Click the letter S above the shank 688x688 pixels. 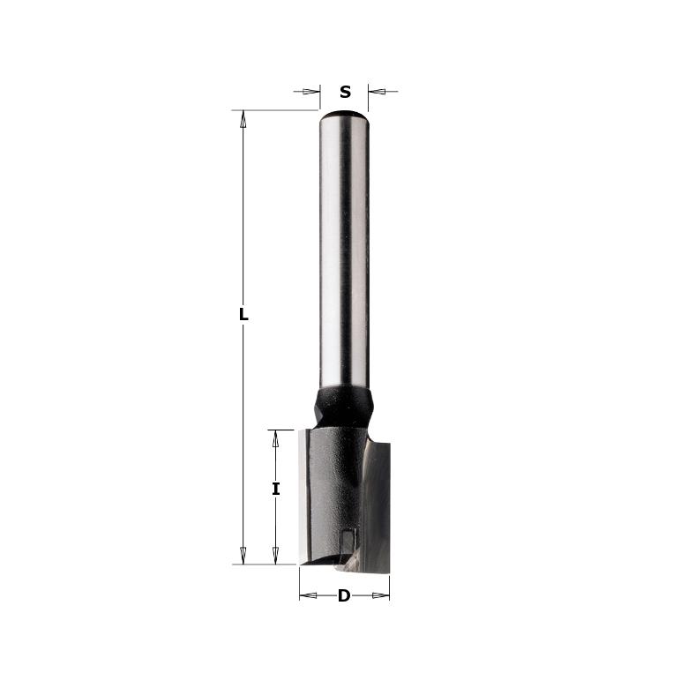pyautogui.click(x=345, y=92)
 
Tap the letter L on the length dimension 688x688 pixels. pyautogui.click(x=244, y=315)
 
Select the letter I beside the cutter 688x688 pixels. pyautogui.click(x=276, y=488)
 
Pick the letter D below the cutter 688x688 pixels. pyautogui.click(x=344, y=595)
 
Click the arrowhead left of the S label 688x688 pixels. pyautogui.click(x=310, y=91)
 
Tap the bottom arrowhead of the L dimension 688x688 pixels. pyautogui.click(x=243, y=555)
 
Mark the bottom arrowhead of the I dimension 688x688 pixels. pyautogui.click(x=276, y=555)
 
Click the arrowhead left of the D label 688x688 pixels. pyautogui.click(x=309, y=595)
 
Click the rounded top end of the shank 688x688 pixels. pyautogui.click(x=344, y=114)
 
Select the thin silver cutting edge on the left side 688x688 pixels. pyautogui.click(x=303, y=494)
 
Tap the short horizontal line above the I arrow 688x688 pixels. pyautogui.click(x=280, y=430)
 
